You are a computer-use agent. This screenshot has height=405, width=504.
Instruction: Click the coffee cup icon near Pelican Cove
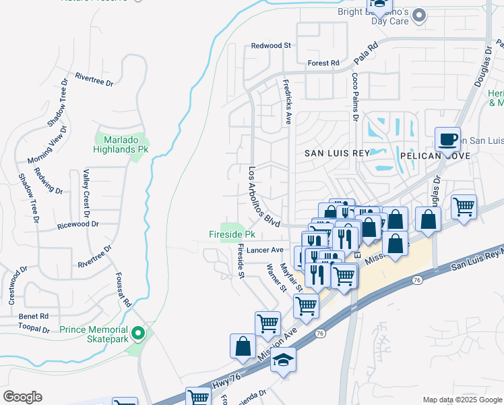pyautogui.click(x=447, y=138)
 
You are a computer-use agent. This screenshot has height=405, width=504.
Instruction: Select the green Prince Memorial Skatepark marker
pyautogui.click(x=138, y=333)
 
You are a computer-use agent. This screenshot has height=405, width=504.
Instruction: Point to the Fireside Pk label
pyautogui.click(x=231, y=235)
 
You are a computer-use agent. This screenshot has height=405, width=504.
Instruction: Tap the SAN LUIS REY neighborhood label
pyautogui.click(x=337, y=153)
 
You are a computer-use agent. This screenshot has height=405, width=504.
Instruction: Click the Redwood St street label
pyautogui.click(x=270, y=46)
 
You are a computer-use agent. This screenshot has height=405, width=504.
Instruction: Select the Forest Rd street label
pyautogui.click(x=323, y=63)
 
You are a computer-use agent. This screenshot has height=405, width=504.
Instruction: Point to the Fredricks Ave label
pyautogui.click(x=288, y=99)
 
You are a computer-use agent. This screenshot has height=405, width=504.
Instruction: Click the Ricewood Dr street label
pyautogui.click(x=78, y=224)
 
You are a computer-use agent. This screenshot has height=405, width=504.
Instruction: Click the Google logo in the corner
pyautogui.click(x=22, y=397)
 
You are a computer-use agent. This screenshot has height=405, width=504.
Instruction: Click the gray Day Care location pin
pyautogui.click(x=420, y=15)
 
